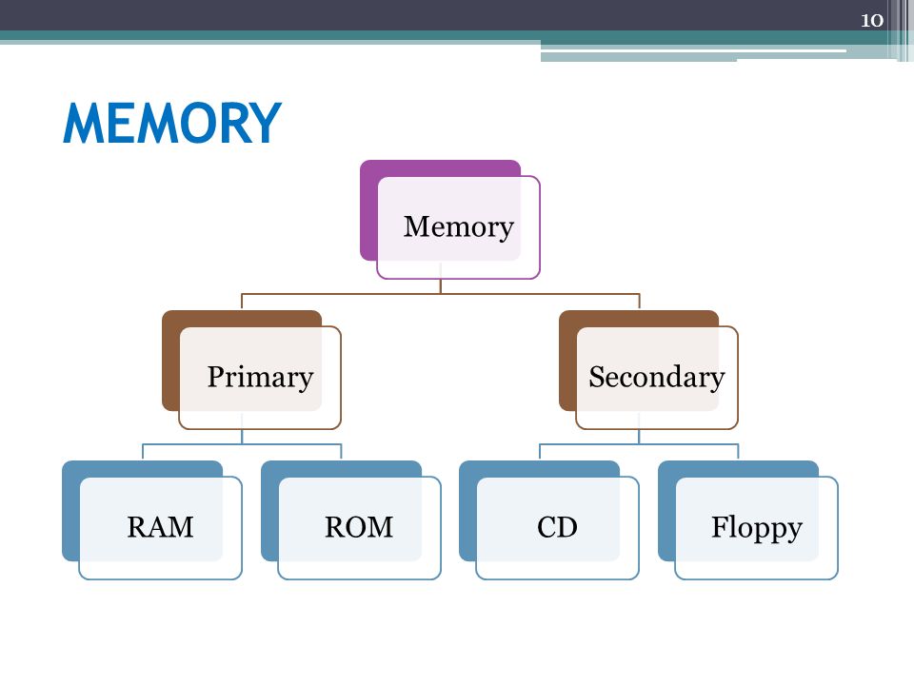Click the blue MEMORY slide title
coord(172,123)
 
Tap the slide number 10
coord(872,20)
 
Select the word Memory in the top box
coord(459,227)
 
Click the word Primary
coord(260,378)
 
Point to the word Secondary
coord(657,377)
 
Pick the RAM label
coord(160,527)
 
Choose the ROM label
coord(359,527)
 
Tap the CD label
coord(557,527)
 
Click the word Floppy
coord(757,528)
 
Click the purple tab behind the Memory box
coord(368,209)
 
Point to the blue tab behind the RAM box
coord(70,510)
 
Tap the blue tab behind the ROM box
coord(269,510)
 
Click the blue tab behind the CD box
coord(467,510)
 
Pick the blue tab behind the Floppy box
coord(666,510)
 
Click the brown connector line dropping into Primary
coord(242,302)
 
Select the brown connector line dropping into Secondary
coord(640,302)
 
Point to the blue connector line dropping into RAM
coord(143,451)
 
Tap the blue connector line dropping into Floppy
coord(739,451)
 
